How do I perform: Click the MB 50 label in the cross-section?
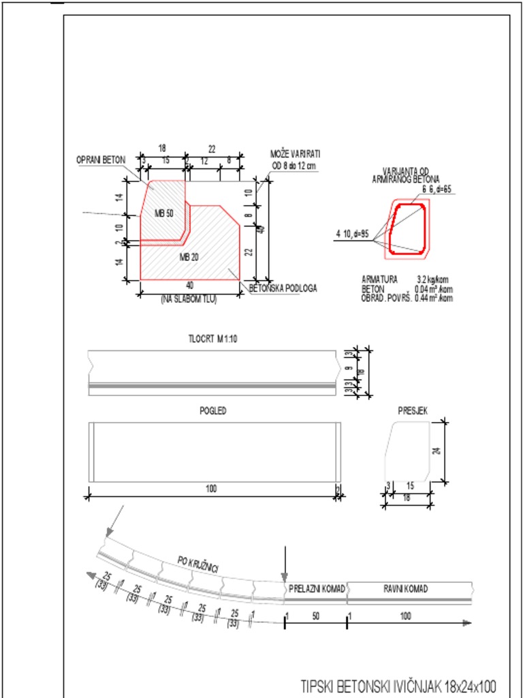(164, 213)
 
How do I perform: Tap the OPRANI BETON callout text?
(100, 160)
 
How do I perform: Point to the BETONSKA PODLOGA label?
(283, 288)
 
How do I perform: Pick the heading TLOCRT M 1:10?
(212, 339)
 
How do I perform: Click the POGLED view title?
(214, 411)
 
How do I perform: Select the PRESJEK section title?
(413, 410)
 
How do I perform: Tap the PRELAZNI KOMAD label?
(317, 589)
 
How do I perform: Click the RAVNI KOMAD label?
(406, 589)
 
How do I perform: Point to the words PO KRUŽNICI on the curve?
(197, 564)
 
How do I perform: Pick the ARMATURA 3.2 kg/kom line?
(407, 279)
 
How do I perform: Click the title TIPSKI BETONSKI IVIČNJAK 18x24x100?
(398, 685)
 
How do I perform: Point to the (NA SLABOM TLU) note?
(189, 299)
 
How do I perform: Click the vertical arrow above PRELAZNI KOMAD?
(285, 562)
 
